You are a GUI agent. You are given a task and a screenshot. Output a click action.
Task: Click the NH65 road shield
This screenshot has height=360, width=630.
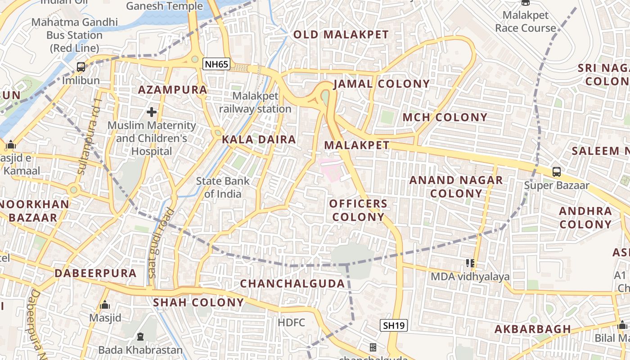(216, 64)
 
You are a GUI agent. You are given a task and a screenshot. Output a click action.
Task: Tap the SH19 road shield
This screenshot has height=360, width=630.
(394, 325)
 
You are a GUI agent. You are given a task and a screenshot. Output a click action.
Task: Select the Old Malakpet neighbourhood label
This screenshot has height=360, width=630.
(341, 35)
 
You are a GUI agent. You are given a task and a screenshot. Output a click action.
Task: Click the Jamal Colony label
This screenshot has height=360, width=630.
(382, 84)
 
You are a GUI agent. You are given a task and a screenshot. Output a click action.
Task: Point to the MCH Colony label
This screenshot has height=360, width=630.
(445, 117)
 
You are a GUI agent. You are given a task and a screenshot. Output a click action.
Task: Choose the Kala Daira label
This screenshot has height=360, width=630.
(259, 139)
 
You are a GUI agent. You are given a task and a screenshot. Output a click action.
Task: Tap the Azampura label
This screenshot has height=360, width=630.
(172, 90)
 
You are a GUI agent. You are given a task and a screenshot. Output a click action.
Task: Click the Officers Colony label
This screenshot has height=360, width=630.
(358, 210)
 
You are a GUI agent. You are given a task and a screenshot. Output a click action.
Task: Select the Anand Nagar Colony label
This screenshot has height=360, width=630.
(456, 187)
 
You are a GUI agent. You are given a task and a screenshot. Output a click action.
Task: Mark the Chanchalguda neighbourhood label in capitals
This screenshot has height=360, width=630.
(292, 283)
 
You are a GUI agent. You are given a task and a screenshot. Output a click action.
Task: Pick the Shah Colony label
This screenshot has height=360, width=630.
(198, 302)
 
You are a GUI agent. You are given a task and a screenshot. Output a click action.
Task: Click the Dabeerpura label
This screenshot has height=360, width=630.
(95, 273)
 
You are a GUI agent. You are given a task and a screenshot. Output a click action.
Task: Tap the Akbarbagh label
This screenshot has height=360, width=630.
(533, 329)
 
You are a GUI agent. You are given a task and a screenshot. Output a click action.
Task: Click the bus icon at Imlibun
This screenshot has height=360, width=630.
(81, 67)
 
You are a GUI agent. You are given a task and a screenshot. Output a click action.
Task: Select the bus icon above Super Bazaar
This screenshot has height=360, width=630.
(557, 171)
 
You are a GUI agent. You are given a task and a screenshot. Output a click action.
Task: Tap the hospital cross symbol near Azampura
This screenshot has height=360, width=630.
(152, 112)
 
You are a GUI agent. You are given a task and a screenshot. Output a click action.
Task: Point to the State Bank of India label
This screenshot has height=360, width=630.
(223, 187)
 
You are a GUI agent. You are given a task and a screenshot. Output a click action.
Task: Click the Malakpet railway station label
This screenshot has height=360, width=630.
(255, 103)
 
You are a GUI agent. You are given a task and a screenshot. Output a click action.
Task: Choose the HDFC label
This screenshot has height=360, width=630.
(291, 322)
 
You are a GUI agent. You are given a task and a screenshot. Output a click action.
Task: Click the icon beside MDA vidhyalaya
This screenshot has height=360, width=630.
(470, 263)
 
